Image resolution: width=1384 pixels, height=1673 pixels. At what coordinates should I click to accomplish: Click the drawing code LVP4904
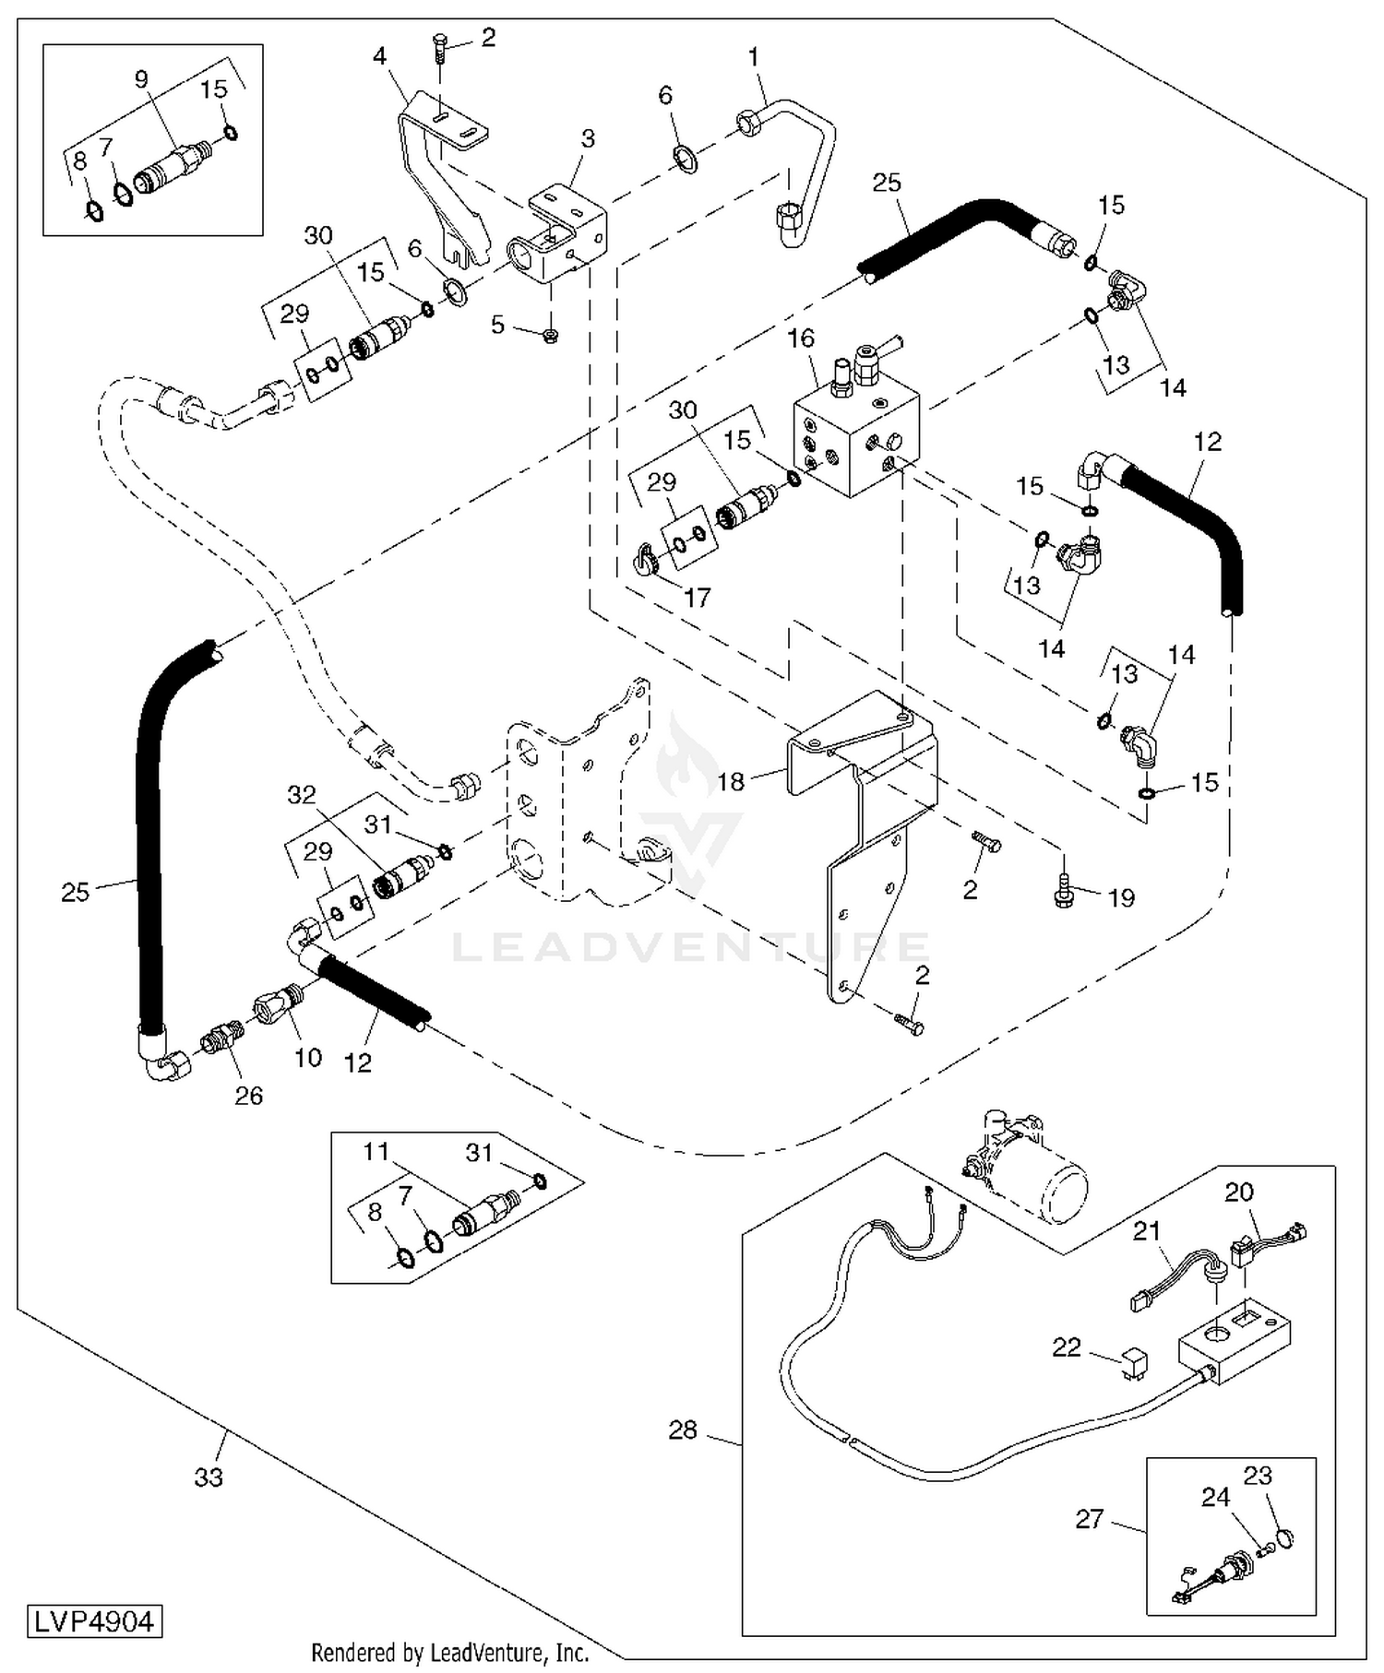pos(94,1621)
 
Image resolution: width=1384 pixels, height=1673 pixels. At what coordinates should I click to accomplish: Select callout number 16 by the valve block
pos(801,338)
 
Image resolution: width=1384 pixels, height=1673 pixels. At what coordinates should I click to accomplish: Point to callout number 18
pos(730,782)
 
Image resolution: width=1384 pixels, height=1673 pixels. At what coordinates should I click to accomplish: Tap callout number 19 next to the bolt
pos(1121,897)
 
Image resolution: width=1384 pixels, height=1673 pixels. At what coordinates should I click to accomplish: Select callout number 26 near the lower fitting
pos(249,1095)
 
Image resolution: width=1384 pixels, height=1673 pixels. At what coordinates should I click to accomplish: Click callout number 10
pos(308,1057)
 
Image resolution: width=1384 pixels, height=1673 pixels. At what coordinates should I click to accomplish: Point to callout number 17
pos(697,598)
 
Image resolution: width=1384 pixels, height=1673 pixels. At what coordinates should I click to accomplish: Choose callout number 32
pos(302,794)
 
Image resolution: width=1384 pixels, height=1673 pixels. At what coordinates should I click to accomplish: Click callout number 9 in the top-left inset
pos(141,79)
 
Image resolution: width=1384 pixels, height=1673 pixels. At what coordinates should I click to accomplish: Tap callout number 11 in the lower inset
pos(376,1151)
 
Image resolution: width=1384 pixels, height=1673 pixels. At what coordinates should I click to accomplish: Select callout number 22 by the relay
pos(1067,1347)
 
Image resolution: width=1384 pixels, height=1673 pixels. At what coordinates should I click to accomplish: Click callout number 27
pos(1090,1518)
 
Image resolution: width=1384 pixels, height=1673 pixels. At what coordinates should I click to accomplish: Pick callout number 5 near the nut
pos(498,325)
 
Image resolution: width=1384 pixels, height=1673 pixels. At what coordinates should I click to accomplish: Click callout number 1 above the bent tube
pos(753,57)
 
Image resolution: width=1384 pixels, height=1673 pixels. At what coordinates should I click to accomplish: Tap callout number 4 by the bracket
pos(379,56)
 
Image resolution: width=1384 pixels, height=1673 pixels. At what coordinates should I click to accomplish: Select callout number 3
pos(588,138)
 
